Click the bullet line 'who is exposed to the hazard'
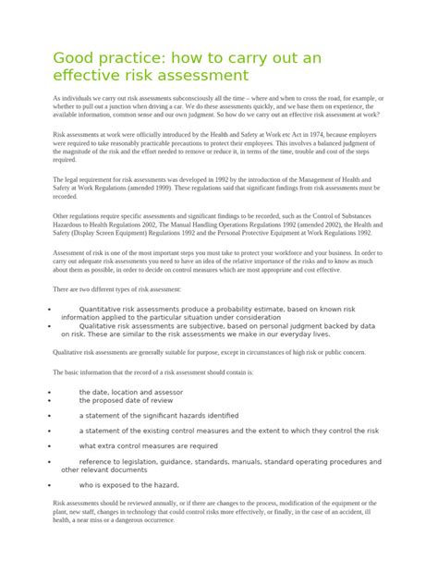click(129, 484)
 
